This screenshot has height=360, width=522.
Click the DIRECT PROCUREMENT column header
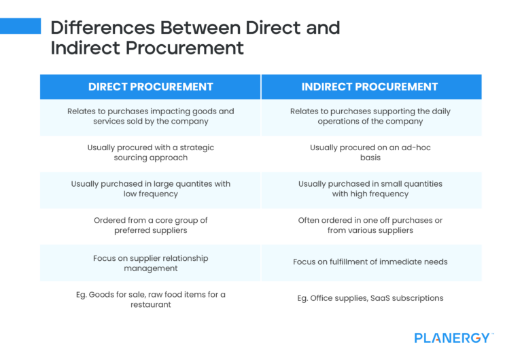[x=150, y=86]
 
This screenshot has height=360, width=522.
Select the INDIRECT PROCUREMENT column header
[x=370, y=86]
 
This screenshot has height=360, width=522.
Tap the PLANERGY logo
[x=454, y=338]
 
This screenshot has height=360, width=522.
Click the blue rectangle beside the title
[x=20, y=26]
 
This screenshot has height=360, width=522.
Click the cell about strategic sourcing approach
[x=150, y=152]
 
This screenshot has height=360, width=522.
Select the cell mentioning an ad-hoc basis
[x=370, y=152]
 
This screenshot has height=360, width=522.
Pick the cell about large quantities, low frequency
[x=150, y=189]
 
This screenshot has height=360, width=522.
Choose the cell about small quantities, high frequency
[x=370, y=189]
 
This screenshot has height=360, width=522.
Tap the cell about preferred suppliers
[x=150, y=226]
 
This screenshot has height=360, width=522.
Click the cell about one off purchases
[x=370, y=226]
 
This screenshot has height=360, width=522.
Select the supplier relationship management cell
[x=150, y=263]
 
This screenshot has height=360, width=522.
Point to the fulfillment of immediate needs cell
[x=370, y=262]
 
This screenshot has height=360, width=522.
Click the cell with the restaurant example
[x=150, y=300]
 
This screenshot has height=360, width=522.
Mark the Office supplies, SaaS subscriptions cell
[x=370, y=298]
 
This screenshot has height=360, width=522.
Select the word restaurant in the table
[x=150, y=305]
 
